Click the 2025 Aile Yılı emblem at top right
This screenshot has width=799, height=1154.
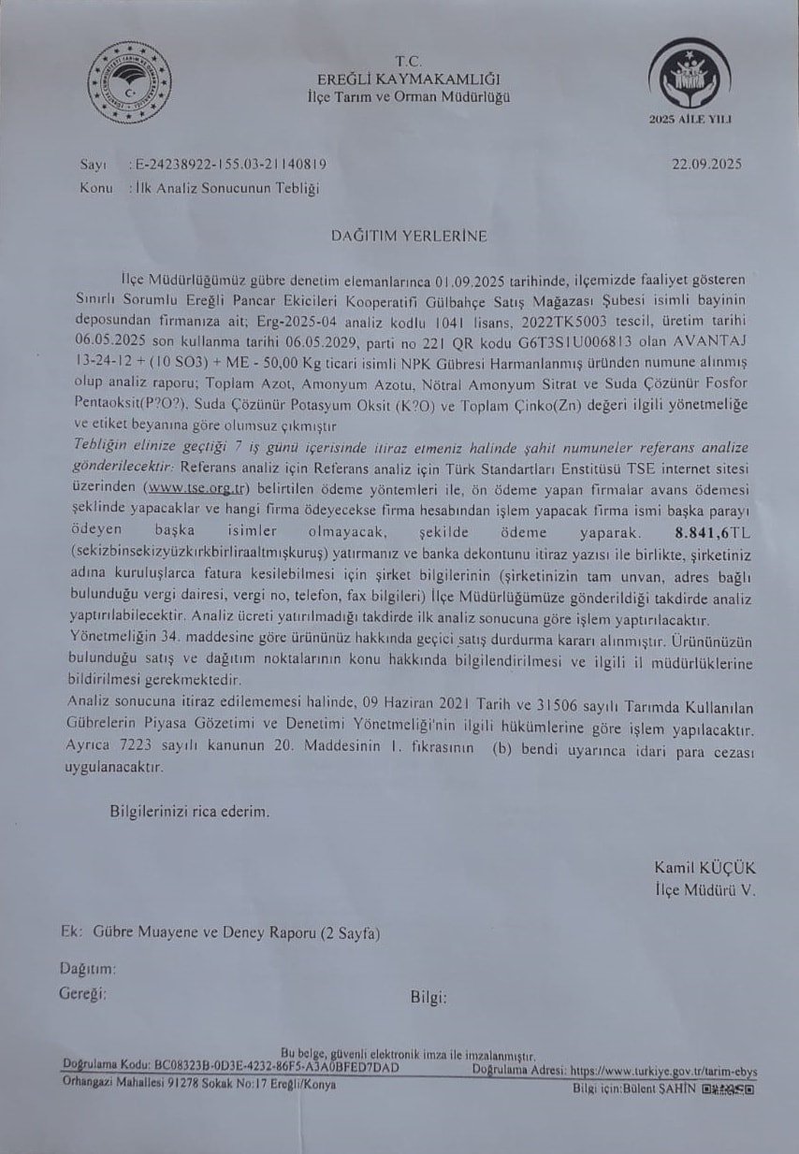click(x=690, y=77)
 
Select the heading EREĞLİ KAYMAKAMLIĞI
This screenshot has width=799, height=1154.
click(x=410, y=79)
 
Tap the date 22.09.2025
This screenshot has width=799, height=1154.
click(x=706, y=165)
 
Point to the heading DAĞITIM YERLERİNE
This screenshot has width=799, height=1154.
click(x=408, y=236)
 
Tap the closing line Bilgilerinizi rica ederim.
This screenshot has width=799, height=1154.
click(x=190, y=812)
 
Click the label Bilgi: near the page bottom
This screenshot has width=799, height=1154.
click(x=429, y=997)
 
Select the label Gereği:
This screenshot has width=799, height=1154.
click(x=82, y=992)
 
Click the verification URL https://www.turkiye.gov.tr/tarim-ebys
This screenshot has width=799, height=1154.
click(x=663, y=1071)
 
